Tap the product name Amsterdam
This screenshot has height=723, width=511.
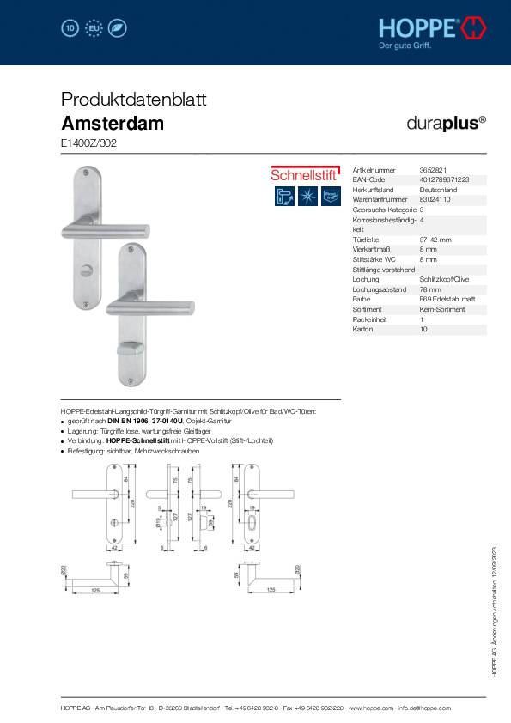(x=113, y=123)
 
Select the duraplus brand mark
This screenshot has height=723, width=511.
(x=446, y=122)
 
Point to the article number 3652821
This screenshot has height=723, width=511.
(x=432, y=171)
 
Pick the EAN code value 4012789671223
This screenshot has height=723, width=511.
(x=444, y=180)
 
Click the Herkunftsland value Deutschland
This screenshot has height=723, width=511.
(x=438, y=190)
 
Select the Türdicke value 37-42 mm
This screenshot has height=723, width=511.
(x=435, y=240)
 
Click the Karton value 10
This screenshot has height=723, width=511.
(x=423, y=329)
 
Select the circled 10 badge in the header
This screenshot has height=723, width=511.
(x=70, y=28)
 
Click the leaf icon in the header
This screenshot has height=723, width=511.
(x=119, y=28)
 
